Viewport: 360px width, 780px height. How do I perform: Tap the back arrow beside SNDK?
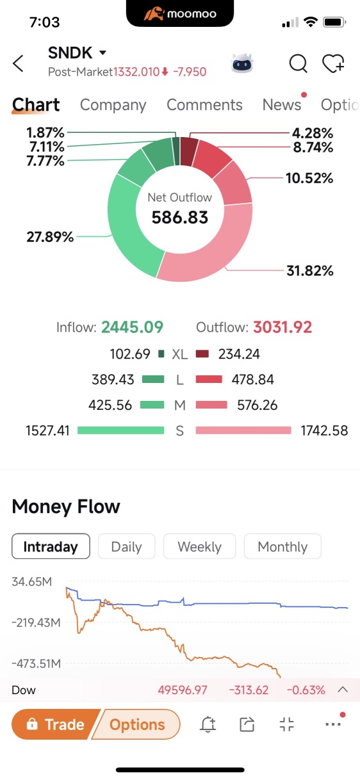pyautogui.click(x=18, y=63)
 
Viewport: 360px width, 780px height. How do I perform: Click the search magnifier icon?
pyautogui.click(x=299, y=64)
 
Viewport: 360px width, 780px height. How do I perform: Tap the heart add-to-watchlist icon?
pyautogui.click(x=334, y=63)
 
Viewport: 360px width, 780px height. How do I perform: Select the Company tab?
pyautogui.click(x=113, y=105)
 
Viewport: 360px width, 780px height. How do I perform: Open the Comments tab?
pyautogui.click(x=204, y=105)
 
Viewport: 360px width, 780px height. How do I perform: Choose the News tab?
pyautogui.click(x=282, y=105)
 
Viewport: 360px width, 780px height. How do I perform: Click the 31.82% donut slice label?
pyautogui.click(x=310, y=270)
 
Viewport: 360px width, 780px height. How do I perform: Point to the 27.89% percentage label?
pyautogui.click(x=50, y=237)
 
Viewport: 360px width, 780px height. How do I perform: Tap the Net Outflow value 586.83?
pyautogui.click(x=180, y=217)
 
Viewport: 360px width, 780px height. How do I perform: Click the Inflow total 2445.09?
pyautogui.click(x=133, y=327)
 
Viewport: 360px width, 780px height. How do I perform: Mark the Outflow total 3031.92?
pyautogui.click(x=282, y=327)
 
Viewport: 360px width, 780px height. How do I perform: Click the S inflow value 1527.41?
pyautogui.click(x=47, y=431)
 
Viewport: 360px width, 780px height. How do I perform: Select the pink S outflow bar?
pyautogui.click(x=243, y=430)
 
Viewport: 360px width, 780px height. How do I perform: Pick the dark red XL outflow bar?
pyautogui.click(x=202, y=354)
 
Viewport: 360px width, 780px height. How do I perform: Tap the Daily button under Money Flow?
pyautogui.click(x=127, y=546)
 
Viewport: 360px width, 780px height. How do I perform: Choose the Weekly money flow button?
pyautogui.click(x=199, y=546)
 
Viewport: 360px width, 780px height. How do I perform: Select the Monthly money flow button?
pyautogui.click(x=282, y=546)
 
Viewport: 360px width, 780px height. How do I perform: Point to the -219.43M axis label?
pyautogui.click(x=37, y=622)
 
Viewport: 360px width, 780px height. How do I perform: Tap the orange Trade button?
pyautogui.click(x=56, y=724)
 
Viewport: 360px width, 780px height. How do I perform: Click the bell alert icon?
pyautogui.click(x=208, y=724)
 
